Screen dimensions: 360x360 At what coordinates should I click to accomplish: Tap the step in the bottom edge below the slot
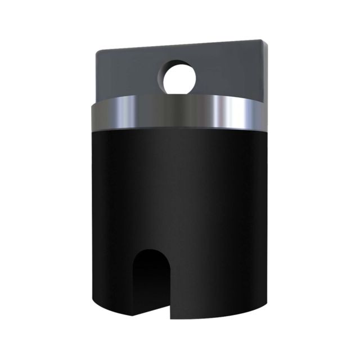(x=168, y=315)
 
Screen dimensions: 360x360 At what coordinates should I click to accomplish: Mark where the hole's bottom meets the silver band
(x=180, y=95)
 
